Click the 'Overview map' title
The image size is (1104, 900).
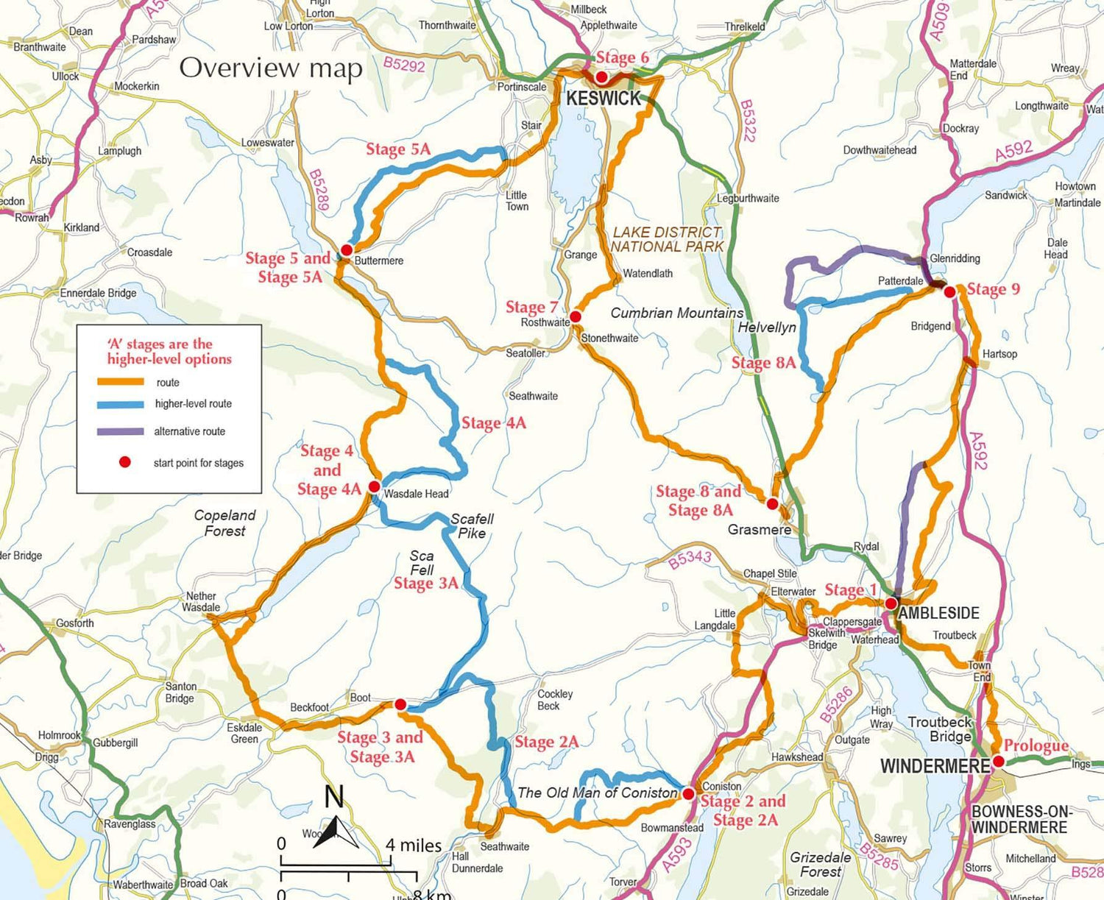(x=271, y=68)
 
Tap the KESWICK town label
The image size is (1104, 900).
(x=604, y=99)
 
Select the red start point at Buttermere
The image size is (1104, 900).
(x=347, y=250)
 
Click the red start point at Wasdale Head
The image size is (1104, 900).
(x=374, y=486)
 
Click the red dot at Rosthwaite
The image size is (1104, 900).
(x=576, y=316)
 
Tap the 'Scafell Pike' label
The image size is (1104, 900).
(x=472, y=525)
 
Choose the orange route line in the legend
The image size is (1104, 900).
(x=120, y=382)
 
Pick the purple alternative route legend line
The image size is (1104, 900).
(x=120, y=431)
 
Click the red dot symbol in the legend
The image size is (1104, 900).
(x=125, y=462)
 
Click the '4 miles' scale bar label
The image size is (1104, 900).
(x=414, y=846)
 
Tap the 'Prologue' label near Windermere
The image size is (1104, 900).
(x=1036, y=745)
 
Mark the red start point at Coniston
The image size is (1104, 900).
(x=688, y=794)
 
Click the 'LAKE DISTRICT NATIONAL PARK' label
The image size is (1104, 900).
(x=668, y=239)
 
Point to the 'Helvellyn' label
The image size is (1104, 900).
(x=767, y=327)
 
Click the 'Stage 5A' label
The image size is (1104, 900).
(x=398, y=149)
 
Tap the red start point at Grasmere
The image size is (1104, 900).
(x=772, y=504)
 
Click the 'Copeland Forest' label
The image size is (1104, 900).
(x=224, y=523)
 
